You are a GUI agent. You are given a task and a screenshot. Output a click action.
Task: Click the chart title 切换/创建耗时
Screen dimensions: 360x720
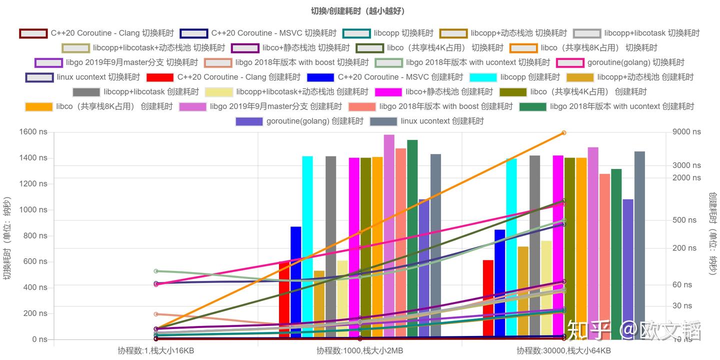357,11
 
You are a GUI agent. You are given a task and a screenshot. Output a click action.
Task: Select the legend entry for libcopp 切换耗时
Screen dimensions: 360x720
388,33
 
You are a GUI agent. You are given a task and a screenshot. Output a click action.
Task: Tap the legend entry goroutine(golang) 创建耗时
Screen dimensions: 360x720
299,121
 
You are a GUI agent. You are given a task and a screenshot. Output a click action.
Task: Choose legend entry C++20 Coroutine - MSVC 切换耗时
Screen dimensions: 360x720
258,33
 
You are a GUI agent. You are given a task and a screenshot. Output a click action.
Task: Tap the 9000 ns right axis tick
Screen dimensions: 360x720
686,132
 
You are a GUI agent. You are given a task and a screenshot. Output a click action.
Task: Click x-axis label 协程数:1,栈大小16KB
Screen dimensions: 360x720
155,350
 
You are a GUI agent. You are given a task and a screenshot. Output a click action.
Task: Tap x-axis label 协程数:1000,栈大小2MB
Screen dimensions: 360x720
359,350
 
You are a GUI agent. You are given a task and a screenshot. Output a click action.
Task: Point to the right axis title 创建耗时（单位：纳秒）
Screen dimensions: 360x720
712,233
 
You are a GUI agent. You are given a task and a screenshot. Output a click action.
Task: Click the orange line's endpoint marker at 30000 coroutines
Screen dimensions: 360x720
563,133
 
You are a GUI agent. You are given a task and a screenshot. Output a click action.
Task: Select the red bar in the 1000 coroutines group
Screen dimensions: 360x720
284,300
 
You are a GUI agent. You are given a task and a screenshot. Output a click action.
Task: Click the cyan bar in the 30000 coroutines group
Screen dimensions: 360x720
511,250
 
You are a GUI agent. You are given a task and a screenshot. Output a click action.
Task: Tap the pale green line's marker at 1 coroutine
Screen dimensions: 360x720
156,271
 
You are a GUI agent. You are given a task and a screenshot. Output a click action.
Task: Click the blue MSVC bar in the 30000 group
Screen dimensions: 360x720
500,285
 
